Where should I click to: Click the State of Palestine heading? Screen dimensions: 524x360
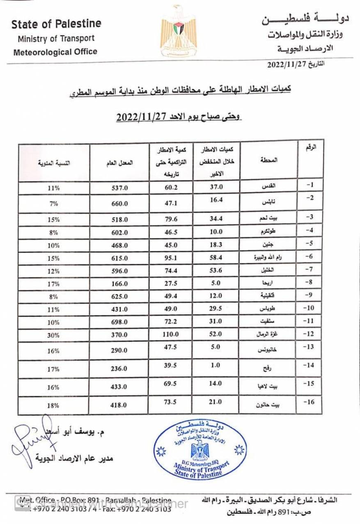tap(56, 24)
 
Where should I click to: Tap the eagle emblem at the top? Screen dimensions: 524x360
tap(178, 31)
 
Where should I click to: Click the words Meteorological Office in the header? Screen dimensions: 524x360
tap(55, 52)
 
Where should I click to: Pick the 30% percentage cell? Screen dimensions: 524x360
tap(54, 335)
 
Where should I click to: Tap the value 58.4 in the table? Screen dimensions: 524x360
tap(216, 258)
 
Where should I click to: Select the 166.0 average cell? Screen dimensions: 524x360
tap(120, 284)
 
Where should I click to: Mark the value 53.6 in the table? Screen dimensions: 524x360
tap(216, 270)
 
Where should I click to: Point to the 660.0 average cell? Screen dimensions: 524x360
tap(120, 204)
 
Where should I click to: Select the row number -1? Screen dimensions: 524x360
tap(310, 185)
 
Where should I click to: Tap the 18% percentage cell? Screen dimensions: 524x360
tap(54, 405)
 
